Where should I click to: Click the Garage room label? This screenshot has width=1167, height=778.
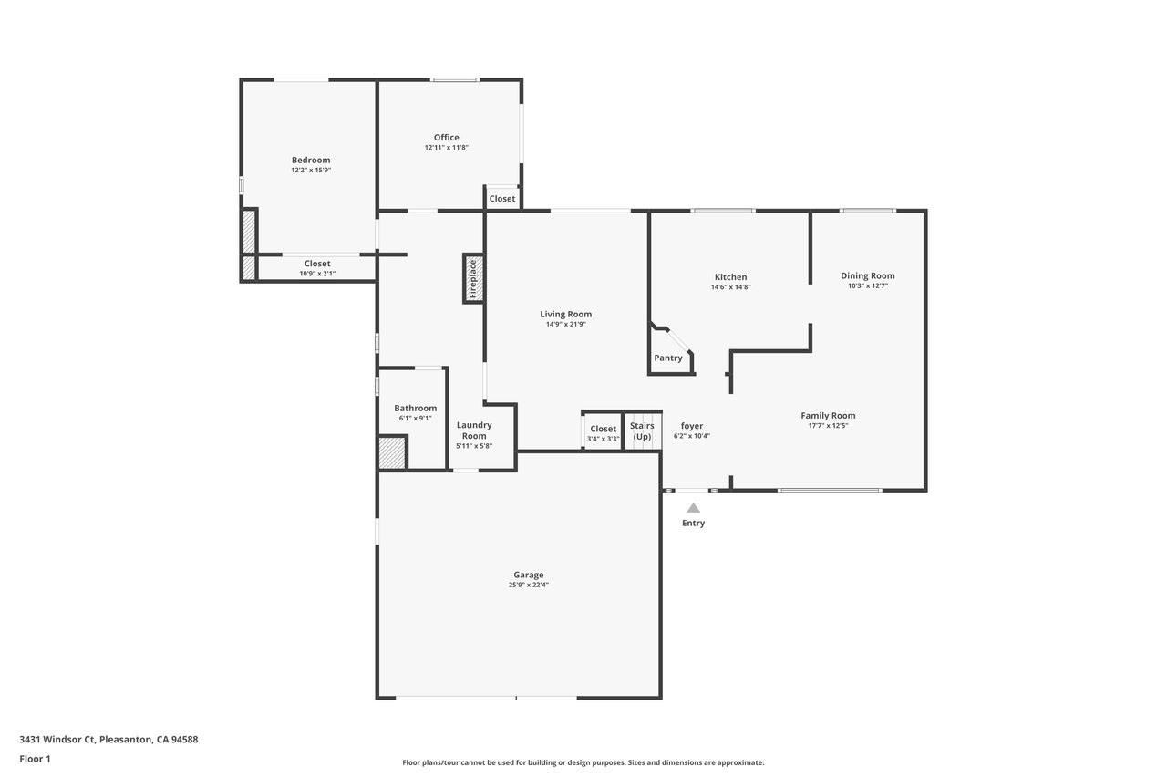pos(528,575)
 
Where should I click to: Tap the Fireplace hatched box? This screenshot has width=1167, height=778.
pos(473,279)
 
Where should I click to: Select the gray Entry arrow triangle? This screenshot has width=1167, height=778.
pos(693,507)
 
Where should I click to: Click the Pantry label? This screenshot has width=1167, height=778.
pos(668,358)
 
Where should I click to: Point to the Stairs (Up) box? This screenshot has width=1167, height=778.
pos(643,430)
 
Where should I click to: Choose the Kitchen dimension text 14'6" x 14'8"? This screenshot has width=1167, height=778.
pos(730,287)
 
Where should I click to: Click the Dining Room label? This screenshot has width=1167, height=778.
pos(867,275)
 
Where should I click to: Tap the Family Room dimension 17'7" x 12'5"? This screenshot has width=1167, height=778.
pos(828,426)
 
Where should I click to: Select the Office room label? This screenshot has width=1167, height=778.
pos(447,137)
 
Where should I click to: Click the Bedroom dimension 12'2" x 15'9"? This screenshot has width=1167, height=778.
pos(311,171)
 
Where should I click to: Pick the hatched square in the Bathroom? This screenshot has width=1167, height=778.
pos(392,452)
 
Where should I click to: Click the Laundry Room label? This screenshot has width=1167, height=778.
pos(474,430)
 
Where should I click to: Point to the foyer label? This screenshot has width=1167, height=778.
pos(692,426)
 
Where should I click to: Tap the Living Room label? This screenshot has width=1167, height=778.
pos(566,315)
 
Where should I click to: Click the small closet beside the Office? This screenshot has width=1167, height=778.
pos(502,198)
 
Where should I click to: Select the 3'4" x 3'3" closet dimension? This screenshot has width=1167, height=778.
pos(603,439)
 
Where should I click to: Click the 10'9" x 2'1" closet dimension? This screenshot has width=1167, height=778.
pos(317,274)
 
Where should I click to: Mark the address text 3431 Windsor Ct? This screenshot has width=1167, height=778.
pos(57,739)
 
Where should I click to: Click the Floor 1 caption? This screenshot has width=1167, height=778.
pos(35,759)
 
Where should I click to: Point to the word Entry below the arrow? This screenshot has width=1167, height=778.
pos(693,524)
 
